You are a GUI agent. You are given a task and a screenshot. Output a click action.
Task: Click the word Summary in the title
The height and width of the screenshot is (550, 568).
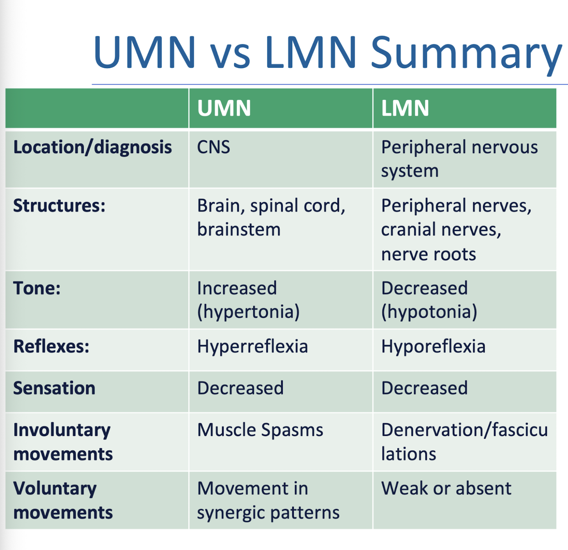466,53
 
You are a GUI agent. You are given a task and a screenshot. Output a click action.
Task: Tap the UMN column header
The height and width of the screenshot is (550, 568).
224,108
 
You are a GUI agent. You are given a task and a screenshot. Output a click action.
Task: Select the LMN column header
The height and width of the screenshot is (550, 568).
405,108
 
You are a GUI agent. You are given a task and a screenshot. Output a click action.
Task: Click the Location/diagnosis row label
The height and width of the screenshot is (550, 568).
92,147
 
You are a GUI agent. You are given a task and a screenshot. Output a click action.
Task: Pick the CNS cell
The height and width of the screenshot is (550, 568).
213,147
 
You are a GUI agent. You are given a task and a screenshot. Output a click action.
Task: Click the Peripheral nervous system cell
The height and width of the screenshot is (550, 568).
459,159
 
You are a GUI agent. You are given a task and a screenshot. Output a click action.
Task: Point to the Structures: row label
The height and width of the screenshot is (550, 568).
59,206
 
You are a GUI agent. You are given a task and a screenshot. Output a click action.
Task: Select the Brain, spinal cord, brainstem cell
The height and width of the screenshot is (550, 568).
271,218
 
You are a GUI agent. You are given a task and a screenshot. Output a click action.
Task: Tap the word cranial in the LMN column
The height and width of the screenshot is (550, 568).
413,229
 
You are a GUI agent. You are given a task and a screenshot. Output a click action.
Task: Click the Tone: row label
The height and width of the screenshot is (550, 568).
37,288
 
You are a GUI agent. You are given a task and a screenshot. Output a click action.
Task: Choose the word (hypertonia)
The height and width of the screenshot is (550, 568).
248,312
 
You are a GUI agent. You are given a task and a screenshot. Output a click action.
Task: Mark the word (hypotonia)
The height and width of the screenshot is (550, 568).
429,312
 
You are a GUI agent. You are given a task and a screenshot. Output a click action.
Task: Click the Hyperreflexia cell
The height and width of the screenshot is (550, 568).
252,347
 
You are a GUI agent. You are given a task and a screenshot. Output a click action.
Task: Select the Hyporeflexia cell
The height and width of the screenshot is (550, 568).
433,347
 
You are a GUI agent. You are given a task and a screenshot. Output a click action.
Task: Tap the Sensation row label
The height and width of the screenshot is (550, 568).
54,388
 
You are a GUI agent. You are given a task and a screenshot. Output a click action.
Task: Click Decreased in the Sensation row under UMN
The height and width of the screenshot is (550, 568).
240,388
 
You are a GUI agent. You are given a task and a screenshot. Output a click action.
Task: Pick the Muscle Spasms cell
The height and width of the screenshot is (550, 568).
260,430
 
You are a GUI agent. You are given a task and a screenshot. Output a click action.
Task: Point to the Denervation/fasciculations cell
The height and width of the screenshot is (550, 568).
464,442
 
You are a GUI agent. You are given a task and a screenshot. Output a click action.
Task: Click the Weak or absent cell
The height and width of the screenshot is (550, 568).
446,488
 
